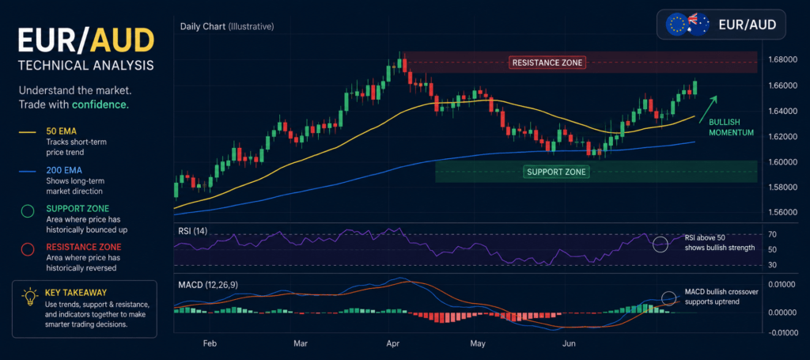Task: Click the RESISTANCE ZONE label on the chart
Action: [547, 63]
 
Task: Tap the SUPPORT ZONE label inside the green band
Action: [556, 172]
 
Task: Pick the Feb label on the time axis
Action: [210, 343]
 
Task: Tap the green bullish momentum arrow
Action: [708, 109]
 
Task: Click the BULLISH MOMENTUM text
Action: [730, 127]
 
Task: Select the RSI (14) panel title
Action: [192, 231]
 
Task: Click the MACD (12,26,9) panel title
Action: [208, 285]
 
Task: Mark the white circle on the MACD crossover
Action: [668, 298]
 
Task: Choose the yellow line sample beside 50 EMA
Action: [28, 132]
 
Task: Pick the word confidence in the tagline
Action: [99, 104]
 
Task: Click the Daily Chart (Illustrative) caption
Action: [227, 26]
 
